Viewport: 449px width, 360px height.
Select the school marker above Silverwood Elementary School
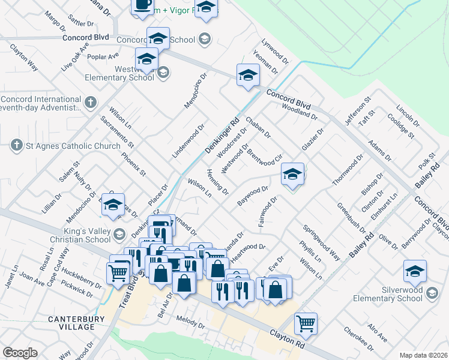415,271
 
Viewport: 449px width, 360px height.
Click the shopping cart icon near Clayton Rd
306,324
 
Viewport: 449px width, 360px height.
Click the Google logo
20,353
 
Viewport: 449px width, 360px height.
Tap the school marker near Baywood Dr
292,175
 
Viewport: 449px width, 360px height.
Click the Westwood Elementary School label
119,73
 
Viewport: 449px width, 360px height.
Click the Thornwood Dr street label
349,170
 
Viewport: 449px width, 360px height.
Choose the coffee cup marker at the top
143,5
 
